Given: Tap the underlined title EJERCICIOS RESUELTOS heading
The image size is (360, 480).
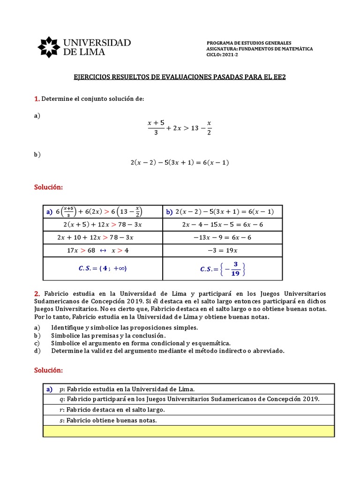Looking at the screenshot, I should coord(180,76).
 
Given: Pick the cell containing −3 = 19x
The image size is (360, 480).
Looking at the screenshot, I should coord(222,250).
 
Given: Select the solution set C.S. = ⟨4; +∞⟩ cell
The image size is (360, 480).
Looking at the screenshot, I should coord(102,269).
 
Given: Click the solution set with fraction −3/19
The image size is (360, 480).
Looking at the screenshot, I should coord(222,269).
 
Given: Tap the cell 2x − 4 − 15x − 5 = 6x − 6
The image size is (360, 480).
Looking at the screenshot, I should coord(222,225).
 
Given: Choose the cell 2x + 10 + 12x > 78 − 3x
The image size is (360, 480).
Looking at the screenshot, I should coord(102,238).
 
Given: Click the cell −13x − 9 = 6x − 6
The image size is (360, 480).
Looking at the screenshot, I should coord(222,238).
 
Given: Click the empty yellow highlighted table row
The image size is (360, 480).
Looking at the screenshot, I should coord(188,431).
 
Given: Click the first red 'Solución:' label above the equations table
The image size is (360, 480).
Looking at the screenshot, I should coord(48,187).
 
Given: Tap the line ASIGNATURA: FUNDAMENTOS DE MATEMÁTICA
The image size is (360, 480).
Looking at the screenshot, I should coord(259,49).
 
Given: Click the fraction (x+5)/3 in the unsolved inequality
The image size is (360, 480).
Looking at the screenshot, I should coord(156,127).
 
